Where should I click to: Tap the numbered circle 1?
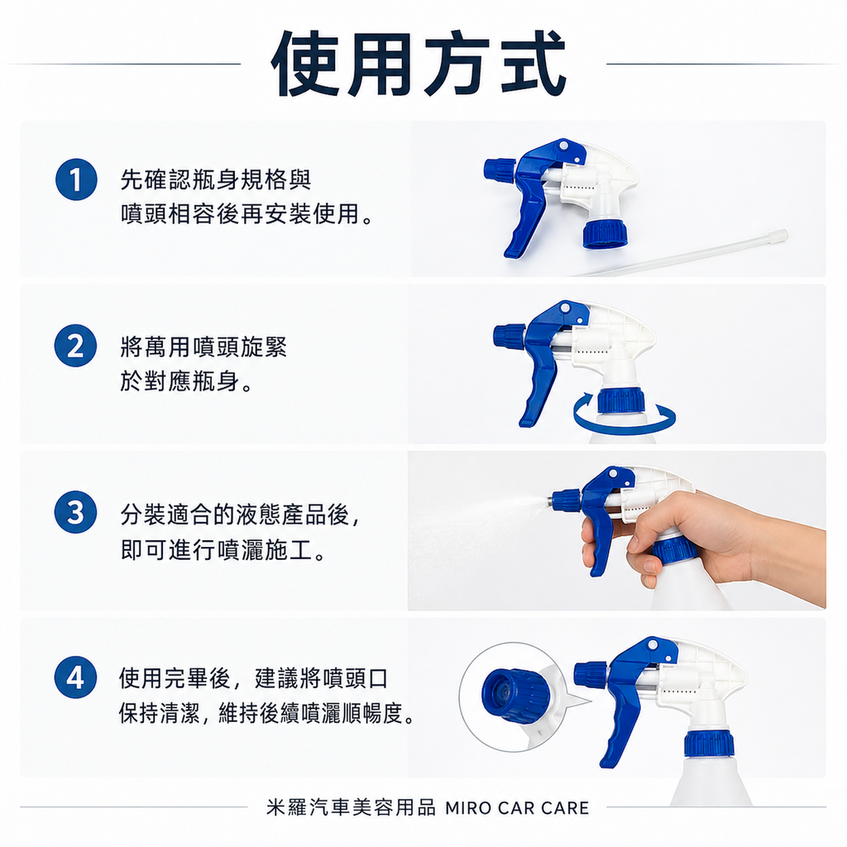click(x=75, y=181)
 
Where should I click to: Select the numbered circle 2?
click(x=75, y=347)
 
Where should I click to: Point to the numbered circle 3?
click(x=75, y=513)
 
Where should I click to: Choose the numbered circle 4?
click(x=75, y=678)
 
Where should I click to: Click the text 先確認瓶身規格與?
click(x=216, y=179)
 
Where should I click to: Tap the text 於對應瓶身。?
click(x=186, y=382)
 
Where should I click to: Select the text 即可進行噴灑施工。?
click(x=223, y=550)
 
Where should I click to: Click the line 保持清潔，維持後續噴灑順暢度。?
click(x=266, y=714)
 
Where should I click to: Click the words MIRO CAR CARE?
click(x=517, y=808)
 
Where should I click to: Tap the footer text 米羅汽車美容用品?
click(x=351, y=808)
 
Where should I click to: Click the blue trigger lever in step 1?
click(x=526, y=219)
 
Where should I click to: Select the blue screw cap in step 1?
click(x=604, y=233)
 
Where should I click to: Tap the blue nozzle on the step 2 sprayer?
click(x=509, y=335)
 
